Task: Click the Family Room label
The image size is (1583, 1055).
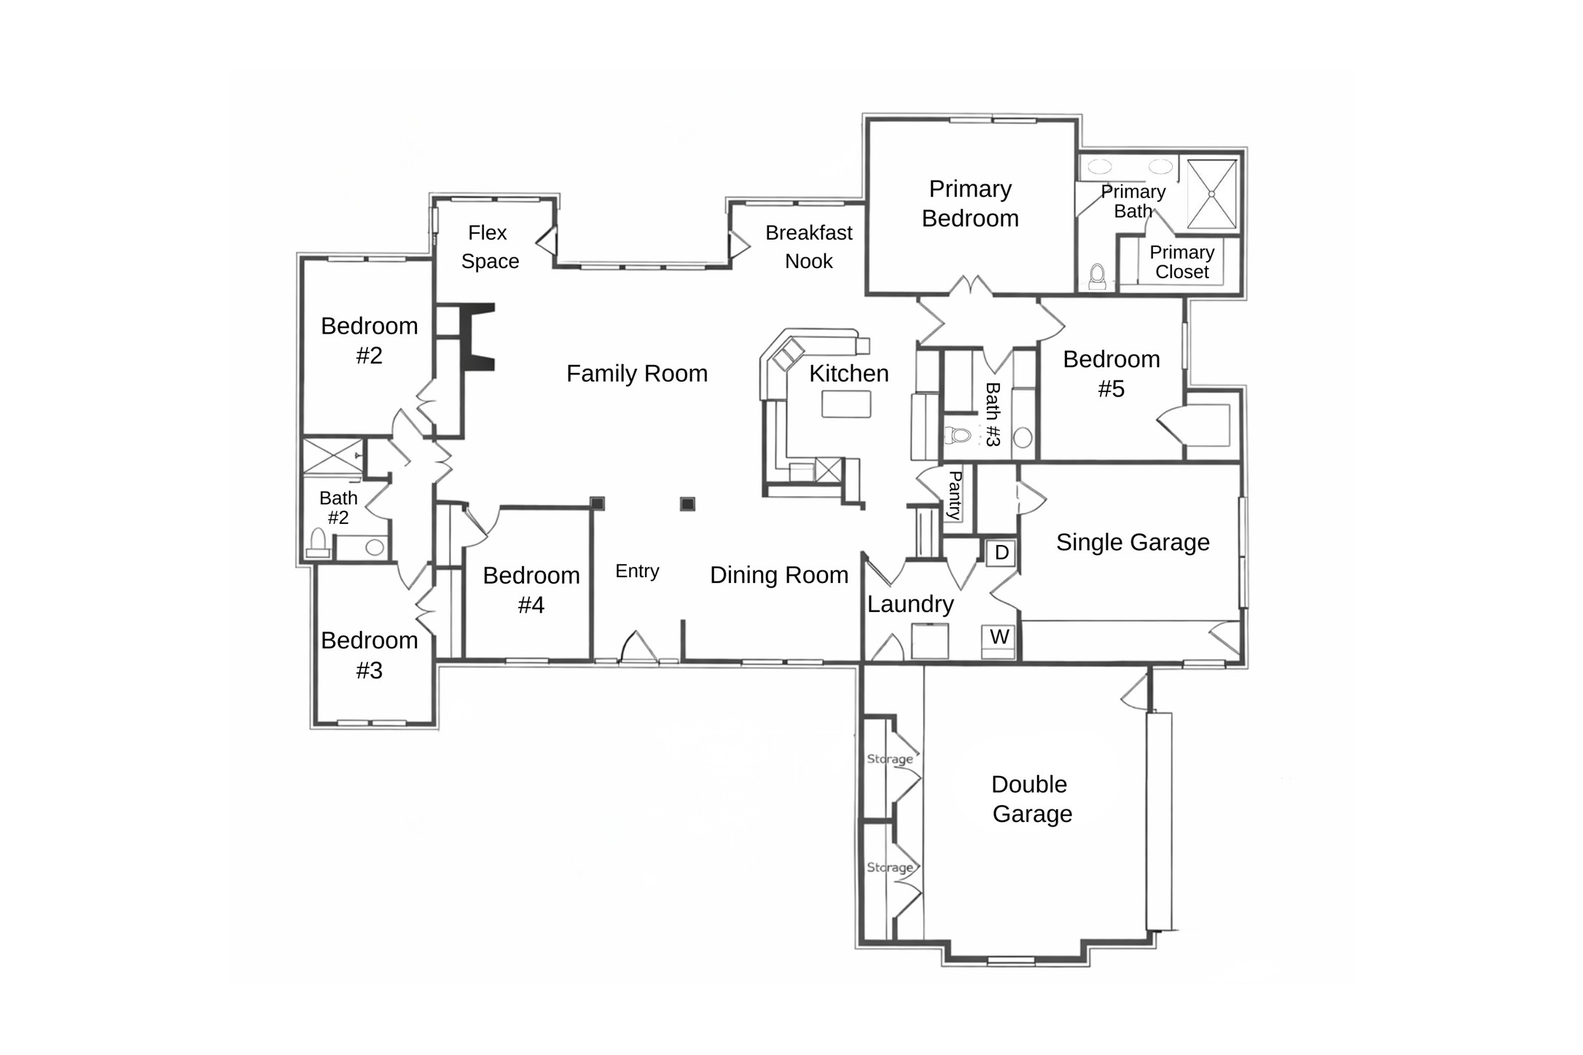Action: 637,374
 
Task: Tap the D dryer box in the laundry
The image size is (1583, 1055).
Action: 1001,553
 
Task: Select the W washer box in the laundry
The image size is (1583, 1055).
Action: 998,638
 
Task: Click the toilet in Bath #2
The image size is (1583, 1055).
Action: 318,544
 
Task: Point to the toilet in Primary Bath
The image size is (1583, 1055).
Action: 1097,277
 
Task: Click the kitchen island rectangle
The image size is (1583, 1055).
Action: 846,404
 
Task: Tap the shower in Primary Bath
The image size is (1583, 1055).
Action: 1211,194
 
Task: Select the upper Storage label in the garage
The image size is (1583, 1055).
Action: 889,758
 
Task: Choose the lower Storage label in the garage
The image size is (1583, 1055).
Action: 889,867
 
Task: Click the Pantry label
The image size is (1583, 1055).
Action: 954,495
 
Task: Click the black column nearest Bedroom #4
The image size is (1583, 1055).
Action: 597,503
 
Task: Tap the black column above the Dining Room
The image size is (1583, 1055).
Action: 687,504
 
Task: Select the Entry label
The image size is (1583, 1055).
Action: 637,571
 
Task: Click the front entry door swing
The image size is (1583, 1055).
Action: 638,647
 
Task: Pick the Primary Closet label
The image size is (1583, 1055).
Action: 1181,262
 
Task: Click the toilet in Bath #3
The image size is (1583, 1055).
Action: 958,436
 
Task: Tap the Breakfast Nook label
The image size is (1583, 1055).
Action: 808,247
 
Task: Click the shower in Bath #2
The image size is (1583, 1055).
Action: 332,457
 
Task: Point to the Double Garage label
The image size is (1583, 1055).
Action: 1031,799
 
